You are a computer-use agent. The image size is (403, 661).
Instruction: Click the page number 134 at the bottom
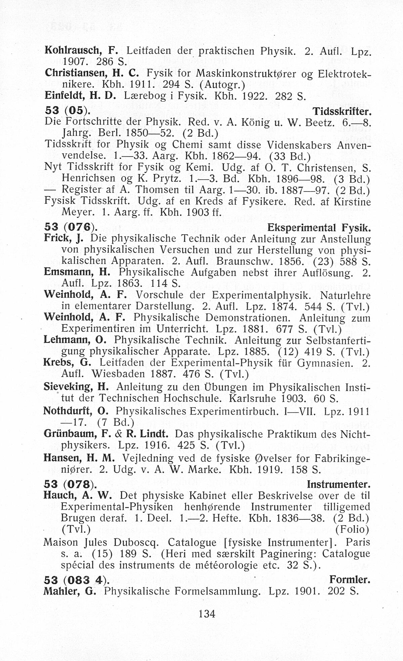coord(207,614)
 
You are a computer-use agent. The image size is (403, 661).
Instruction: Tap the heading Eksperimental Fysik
coord(319,228)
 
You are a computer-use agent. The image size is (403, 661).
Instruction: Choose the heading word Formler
coord(350,579)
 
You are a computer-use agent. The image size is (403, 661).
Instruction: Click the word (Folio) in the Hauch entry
coord(352,529)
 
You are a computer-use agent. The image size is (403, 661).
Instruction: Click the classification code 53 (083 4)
coord(77,579)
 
